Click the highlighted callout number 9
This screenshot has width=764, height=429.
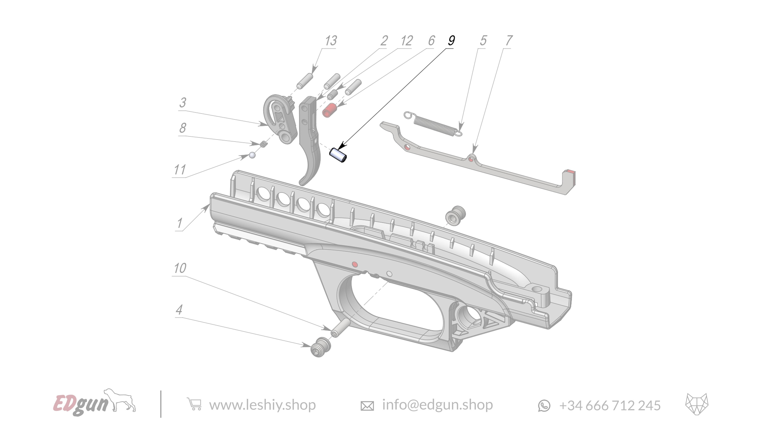coord(451,41)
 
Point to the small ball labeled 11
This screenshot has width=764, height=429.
coord(252,155)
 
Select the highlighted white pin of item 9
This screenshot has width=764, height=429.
coord(338,155)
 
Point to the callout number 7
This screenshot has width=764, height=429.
coord(509,41)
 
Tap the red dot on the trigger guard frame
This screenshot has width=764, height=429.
coord(354,264)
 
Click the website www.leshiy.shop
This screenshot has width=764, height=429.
coord(262,405)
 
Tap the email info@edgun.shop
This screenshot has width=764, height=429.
coord(437,405)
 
